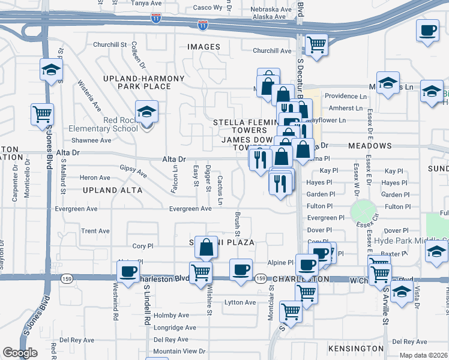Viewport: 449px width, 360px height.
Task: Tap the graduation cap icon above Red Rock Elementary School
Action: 145,112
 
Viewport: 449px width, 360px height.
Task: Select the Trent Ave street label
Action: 95,231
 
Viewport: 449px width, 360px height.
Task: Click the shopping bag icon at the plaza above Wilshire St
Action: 206,247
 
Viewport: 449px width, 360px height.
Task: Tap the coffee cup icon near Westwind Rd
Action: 128,271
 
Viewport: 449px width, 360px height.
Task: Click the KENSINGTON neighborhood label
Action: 355,348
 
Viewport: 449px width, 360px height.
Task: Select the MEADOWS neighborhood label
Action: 370,146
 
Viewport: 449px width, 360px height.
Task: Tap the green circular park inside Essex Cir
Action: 361,211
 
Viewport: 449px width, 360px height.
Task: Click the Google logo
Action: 20,353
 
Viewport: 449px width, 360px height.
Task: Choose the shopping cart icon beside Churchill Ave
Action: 316,44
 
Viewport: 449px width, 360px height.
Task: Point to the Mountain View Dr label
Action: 179,351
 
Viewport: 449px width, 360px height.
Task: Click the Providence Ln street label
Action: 345,96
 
